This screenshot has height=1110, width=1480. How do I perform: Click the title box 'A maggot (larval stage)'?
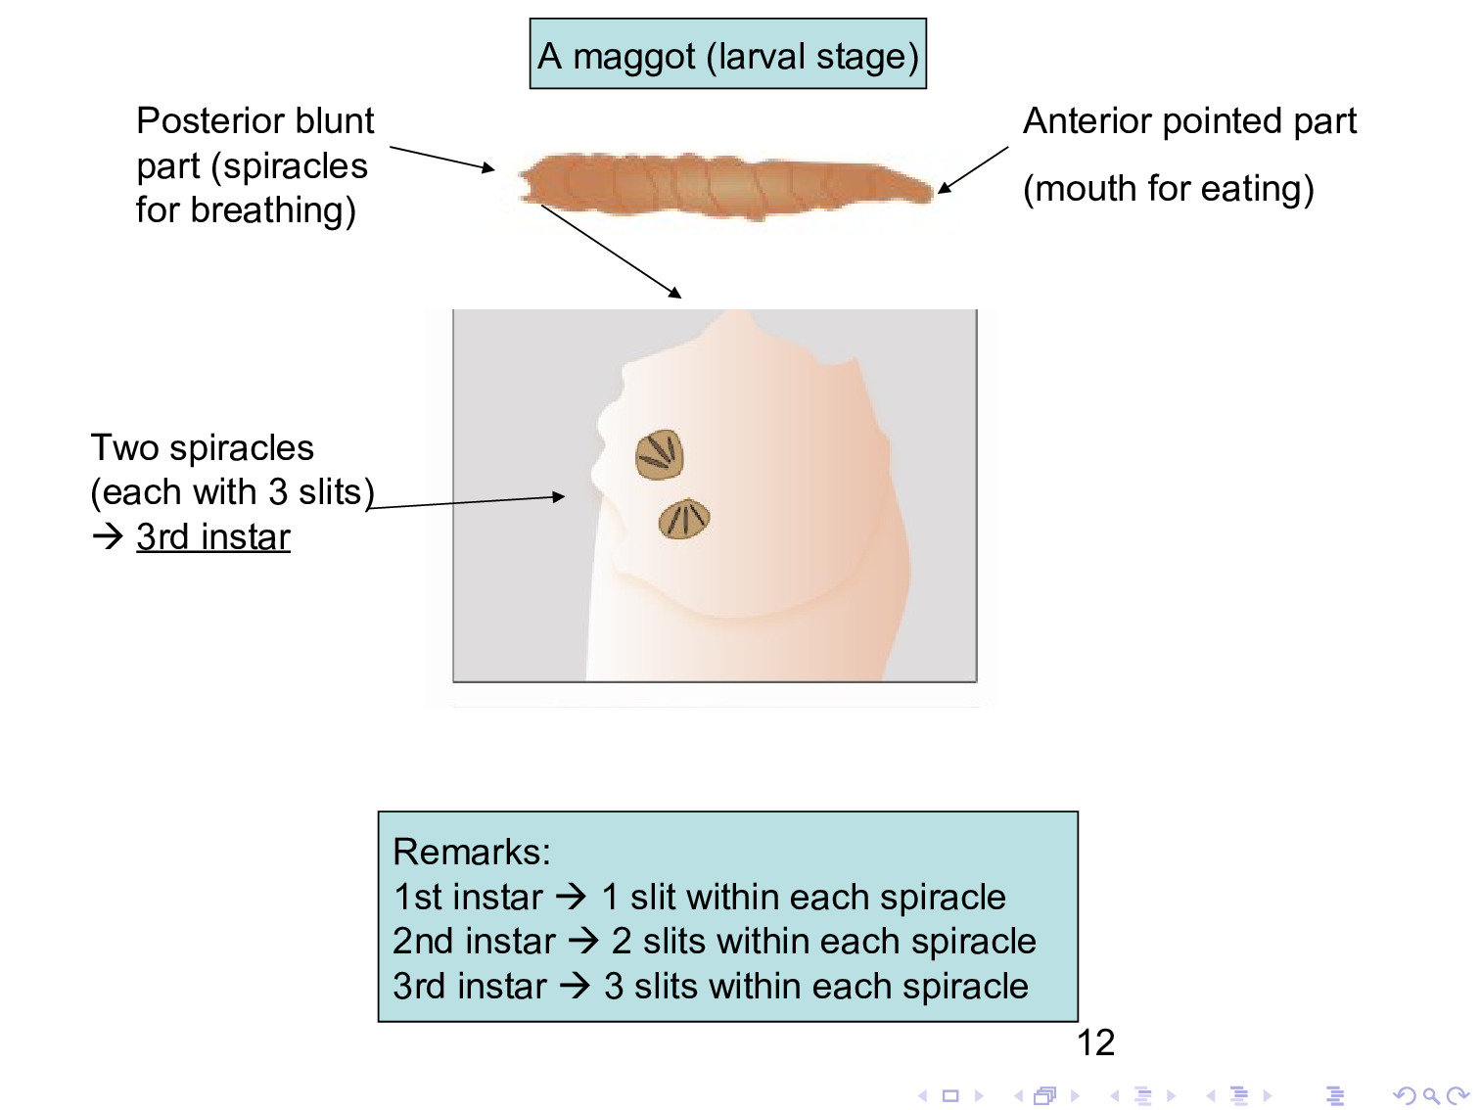(727, 55)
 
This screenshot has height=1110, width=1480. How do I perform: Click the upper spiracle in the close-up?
(659, 454)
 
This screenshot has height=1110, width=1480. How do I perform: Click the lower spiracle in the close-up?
(684, 519)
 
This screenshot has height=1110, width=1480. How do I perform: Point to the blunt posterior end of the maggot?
(530, 183)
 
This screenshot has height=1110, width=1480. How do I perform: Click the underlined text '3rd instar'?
(212, 536)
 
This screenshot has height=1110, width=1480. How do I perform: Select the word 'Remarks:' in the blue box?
(472, 852)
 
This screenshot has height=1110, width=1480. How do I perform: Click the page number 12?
(1095, 1042)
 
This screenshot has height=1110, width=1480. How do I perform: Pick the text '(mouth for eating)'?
(1168, 188)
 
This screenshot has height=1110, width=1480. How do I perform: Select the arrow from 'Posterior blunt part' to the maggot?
(442, 159)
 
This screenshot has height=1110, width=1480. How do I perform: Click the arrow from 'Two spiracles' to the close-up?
(466, 502)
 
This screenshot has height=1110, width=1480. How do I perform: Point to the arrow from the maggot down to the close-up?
(611, 252)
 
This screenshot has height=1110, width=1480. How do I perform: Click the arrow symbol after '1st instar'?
(572, 896)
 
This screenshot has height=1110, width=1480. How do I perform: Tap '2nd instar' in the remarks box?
(474, 941)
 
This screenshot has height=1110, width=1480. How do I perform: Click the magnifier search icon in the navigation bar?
(1430, 1096)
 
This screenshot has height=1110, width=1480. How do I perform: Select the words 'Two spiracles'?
(203, 447)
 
